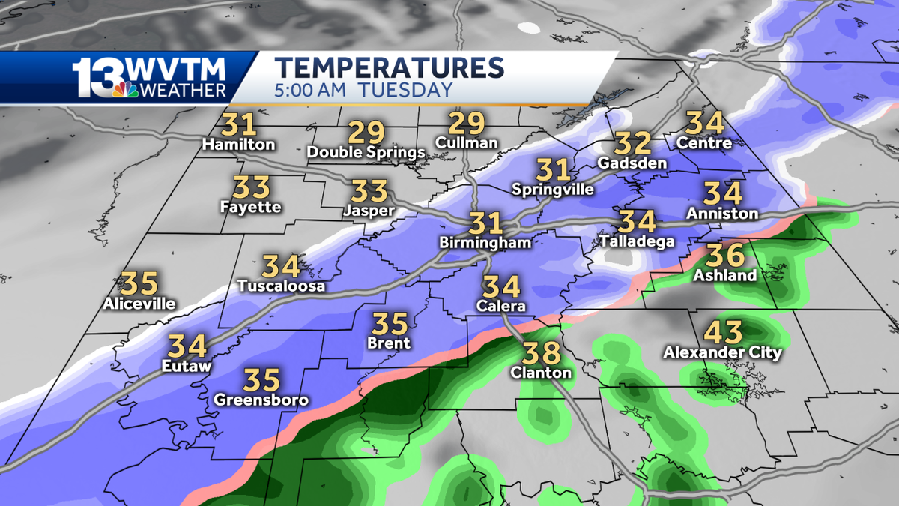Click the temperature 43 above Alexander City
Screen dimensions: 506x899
pyautogui.click(x=724, y=331)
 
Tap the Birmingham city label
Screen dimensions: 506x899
pyautogui.click(x=485, y=243)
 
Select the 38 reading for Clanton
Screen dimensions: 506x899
pyautogui.click(x=540, y=351)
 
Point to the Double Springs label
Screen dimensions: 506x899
pyautogui.click(x=366, y=152)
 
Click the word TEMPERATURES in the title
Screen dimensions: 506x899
pyautogui.click(x=389, y=67)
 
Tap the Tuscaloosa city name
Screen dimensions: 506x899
pyautogui.click(x=281, y=286)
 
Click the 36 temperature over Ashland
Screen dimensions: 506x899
pyautogui.click(x=725, y=255)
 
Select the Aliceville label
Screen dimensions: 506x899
pyautogui.click(x=139, y=304)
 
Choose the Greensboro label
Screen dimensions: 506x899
pyautogui.click(x=261, y=400)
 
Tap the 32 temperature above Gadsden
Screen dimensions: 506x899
pyautogui.click(x=632, y=142)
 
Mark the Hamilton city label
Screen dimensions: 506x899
pyautogui.click(x=237, y=145)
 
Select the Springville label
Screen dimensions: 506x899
pyautogui.click(x=553, y=190)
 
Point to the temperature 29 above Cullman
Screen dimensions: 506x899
pyautogui.click(x=467, y=122)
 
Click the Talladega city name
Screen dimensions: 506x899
pyautogui.click(x=638, y=241)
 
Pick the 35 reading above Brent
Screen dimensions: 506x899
pyautogui.click(x=390, y=324)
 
